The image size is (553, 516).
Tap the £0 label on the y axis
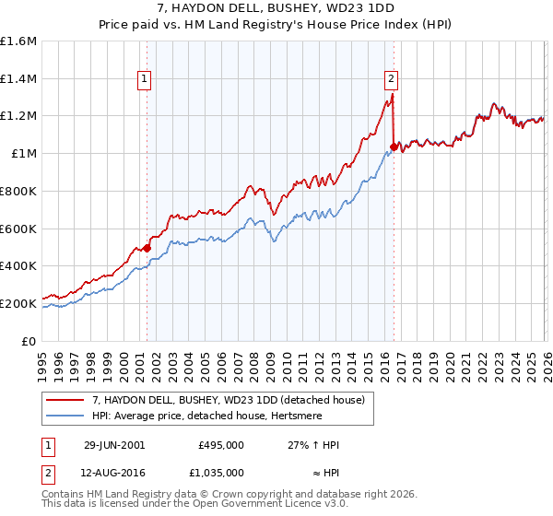click(29, 341)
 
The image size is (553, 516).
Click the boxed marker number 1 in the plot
click(146, 80)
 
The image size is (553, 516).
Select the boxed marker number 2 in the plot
click(392, 80)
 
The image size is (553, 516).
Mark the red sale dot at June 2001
click(147, 248)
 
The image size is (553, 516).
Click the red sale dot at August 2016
click(394, 147)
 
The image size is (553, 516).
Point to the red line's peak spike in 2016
click(393, 94)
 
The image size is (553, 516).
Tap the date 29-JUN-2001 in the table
click(114, 444)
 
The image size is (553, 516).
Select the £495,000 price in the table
click(220, 444)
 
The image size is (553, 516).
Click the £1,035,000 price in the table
click(220, 472)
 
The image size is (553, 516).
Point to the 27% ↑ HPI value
click(314, 444)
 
